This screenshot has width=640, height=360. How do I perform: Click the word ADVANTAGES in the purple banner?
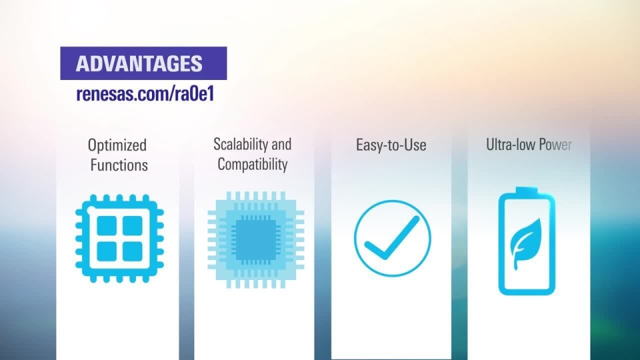139,64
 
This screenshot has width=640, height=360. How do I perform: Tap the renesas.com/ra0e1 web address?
144,94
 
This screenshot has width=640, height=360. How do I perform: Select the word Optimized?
117,145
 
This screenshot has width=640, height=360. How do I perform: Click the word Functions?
119,165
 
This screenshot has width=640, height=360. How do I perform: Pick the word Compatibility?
253,164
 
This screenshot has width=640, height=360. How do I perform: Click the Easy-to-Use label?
391,145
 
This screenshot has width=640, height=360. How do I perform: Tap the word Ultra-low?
510,144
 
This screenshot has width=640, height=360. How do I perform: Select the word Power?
555,144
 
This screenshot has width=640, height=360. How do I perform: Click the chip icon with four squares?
119,238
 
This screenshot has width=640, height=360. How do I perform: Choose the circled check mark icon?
392,238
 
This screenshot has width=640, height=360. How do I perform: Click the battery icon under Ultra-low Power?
527,243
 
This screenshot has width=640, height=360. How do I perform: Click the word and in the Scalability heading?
281,144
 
